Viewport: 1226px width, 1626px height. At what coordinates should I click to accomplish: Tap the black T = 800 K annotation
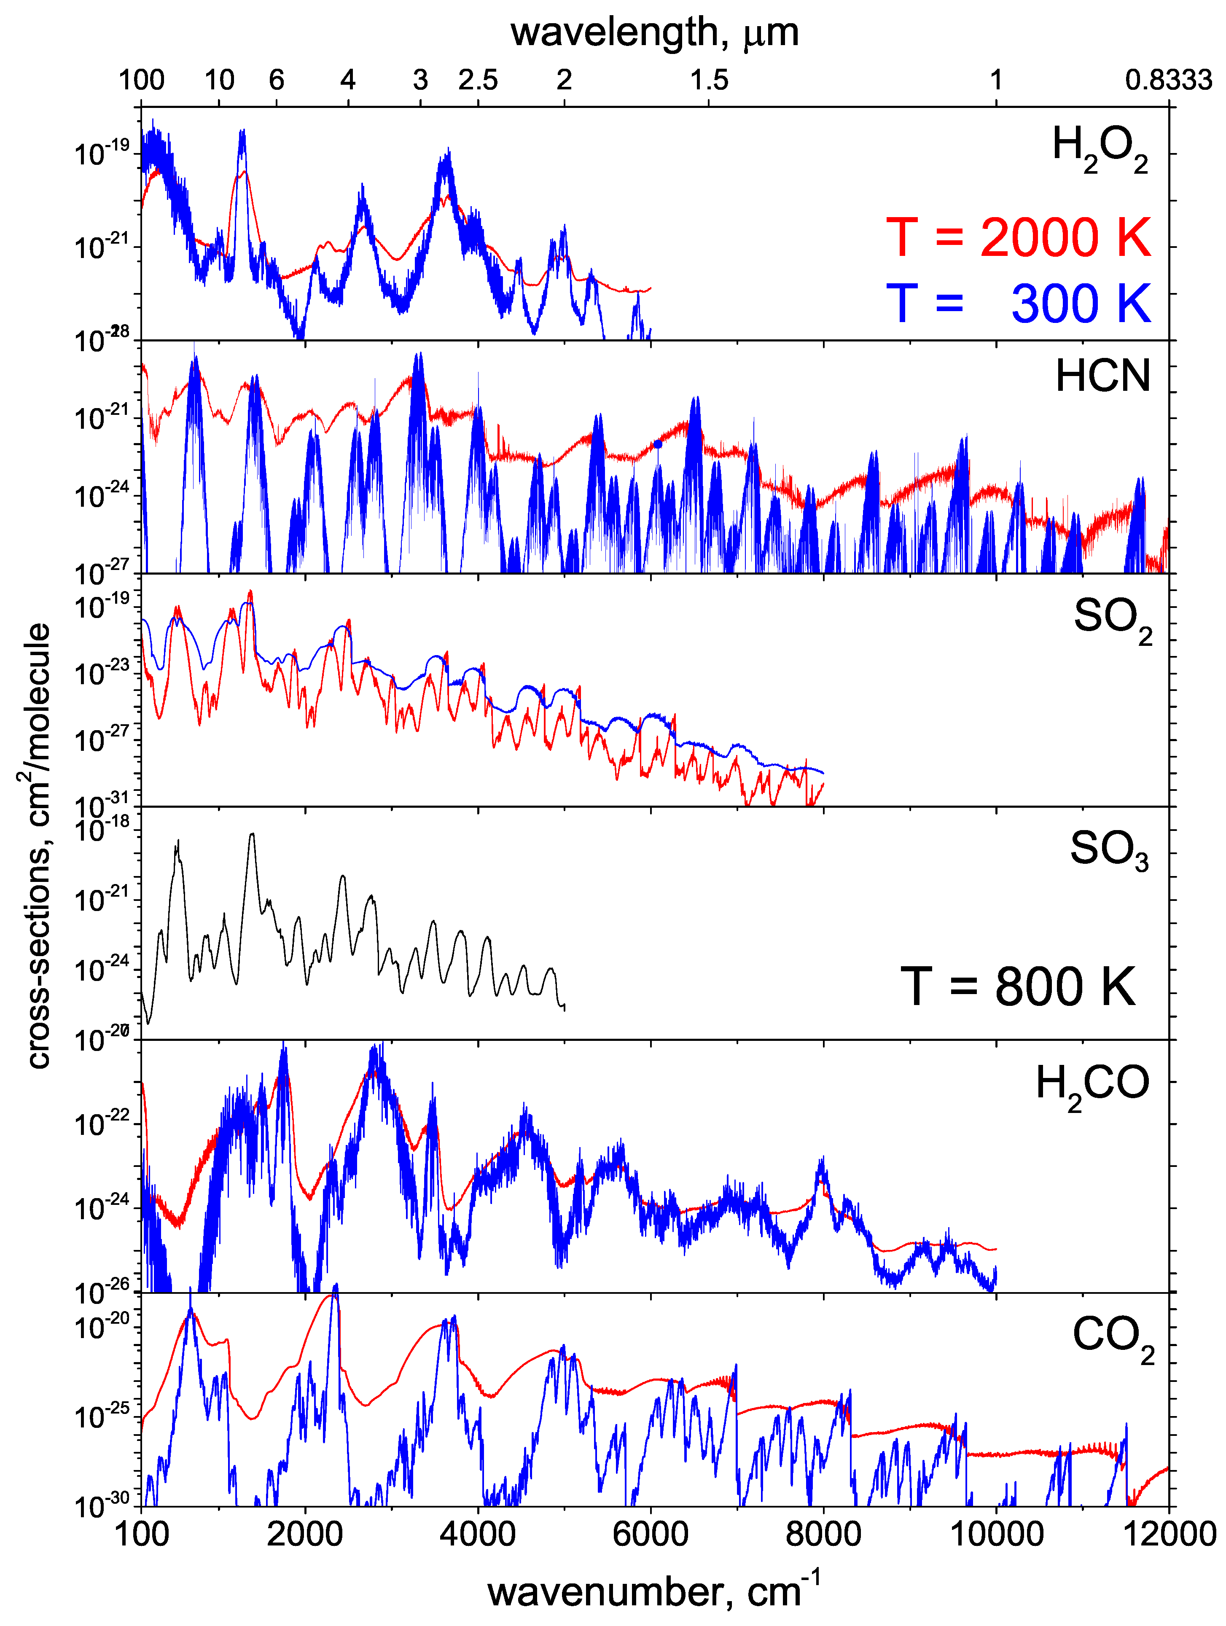point(1017,986)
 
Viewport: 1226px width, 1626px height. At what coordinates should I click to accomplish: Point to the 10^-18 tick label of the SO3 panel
point(102,829)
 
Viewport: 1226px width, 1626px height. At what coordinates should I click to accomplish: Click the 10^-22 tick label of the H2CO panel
point(102,1123)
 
